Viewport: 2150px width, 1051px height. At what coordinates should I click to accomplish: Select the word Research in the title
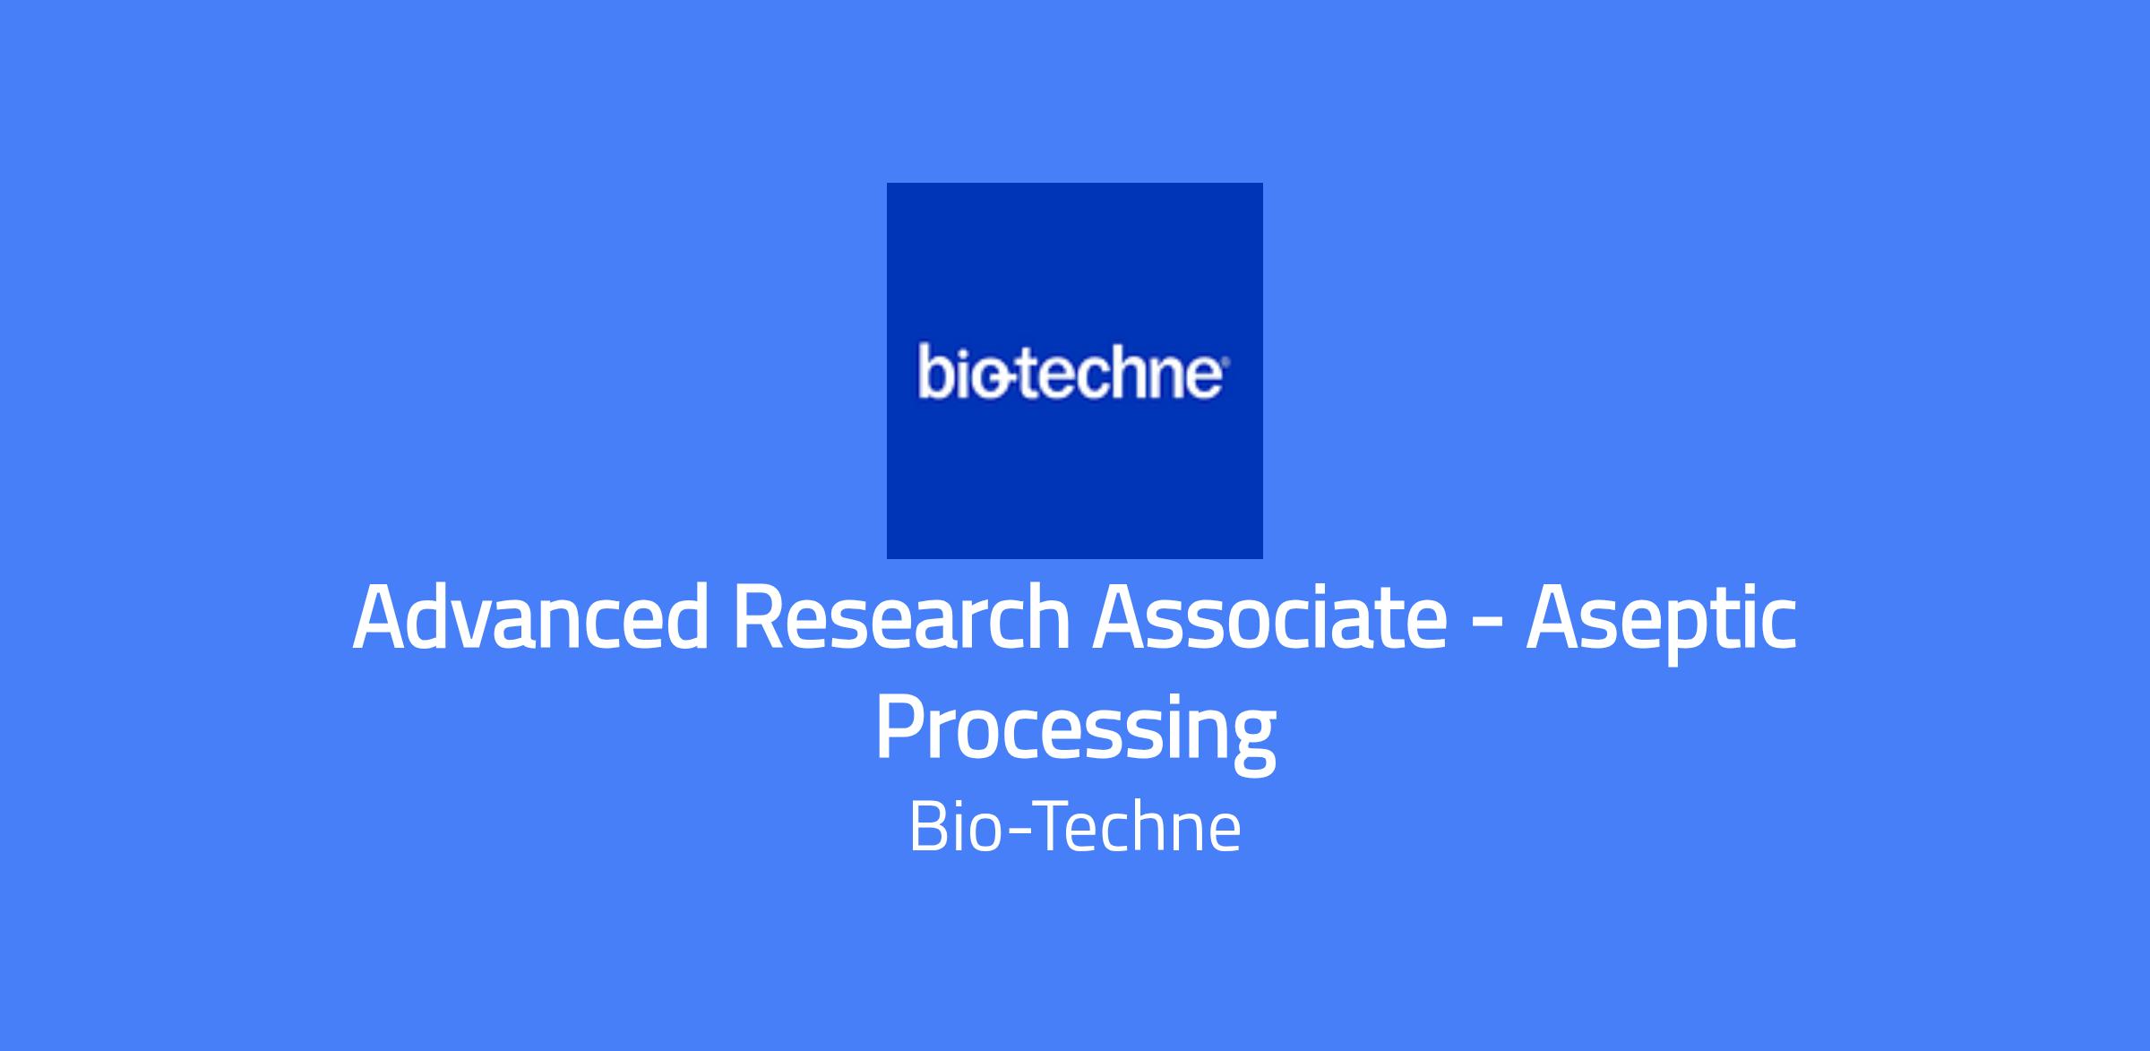(902, 617)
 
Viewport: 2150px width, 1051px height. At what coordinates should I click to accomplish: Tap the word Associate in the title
(1269, 617)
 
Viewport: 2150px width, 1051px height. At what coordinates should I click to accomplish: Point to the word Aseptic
(1662, 623)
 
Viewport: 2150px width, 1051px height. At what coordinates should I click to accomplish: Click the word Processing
(1075, 730)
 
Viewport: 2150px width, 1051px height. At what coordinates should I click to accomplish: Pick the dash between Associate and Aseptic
(1487, 625)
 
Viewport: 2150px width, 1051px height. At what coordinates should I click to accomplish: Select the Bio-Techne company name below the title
(1075, 828)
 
